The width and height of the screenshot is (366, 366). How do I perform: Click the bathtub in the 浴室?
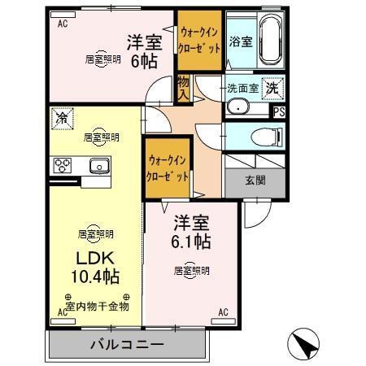point(272,39)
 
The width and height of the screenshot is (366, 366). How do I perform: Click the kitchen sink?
point(98,166)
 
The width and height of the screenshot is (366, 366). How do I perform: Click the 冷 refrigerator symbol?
point(62,118)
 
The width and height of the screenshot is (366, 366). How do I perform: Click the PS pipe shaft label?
point(279,112)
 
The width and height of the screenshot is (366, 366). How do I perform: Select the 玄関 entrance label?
point(255,181)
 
